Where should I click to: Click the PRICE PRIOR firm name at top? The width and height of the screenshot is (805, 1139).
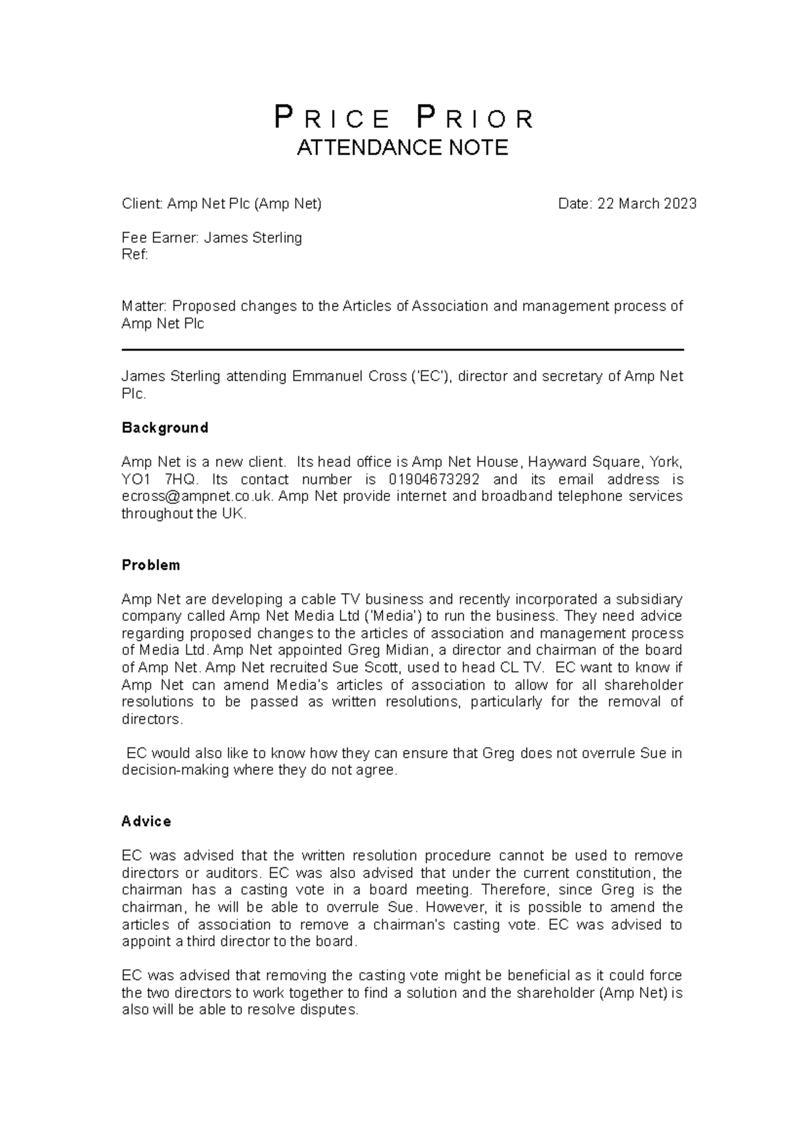pyautogui.click(x=403, y=119)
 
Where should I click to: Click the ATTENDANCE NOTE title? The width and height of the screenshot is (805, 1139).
pyautogui.click(x=402, y=148)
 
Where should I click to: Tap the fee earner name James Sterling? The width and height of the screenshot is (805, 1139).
pyautogui.click(x=253, y=238)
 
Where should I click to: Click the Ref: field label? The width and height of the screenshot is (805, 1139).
pyautogui.click(x=134, y=255)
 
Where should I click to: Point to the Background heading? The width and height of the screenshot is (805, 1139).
pyautogui.click(x=165, y=428)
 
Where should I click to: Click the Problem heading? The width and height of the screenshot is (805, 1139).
pyautogui.click(x=151, y=565)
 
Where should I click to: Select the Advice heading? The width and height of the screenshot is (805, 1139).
pyautogui.click(x=146, y=822)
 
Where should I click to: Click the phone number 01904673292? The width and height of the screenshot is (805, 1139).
pyautogui.click(x=434, y=480)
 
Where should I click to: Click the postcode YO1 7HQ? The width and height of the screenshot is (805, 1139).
pyautogui.click(x=160, y=480)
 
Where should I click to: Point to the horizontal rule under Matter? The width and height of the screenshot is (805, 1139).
pyautogui.click(x=402, y=350)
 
